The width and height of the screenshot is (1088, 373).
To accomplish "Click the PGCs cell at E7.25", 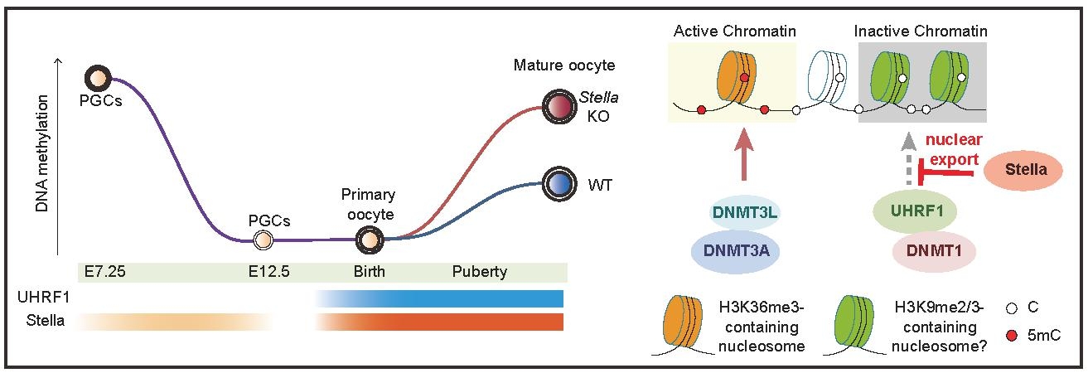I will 98,79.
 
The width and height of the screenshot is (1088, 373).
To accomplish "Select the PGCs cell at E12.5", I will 262,240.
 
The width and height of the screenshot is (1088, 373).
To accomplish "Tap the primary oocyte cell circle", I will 367,240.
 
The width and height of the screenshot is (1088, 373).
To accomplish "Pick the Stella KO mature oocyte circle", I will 558,106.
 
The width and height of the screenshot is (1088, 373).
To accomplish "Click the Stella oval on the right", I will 1025,170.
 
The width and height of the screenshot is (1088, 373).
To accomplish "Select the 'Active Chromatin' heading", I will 734,31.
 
